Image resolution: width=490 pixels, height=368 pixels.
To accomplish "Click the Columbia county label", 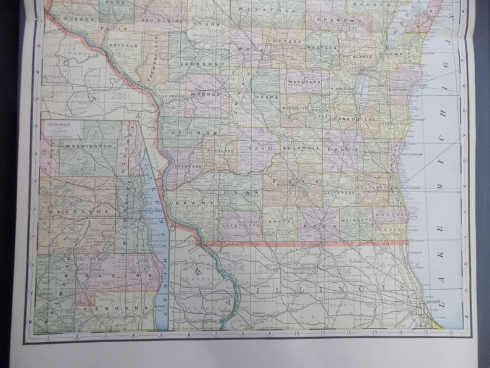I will click(x=299, y=148).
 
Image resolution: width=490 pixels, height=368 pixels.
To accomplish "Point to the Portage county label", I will click(x=286, y=41).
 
